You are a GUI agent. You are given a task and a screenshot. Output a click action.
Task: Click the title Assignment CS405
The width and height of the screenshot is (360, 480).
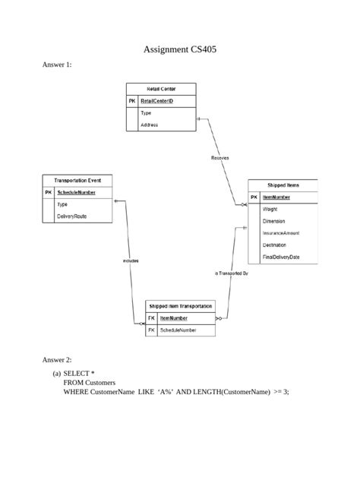point(180,49)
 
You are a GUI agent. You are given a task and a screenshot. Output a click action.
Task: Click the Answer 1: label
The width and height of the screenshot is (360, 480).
point(57,65)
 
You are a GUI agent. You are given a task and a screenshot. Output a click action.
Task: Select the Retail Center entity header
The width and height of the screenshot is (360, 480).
point(161,89)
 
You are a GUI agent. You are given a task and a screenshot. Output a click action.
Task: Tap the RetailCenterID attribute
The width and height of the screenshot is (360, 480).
point(157,100)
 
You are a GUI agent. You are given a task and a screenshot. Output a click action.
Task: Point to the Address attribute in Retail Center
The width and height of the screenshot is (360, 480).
point(150,125)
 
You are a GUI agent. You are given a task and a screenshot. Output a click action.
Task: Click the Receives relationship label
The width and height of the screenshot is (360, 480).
point(219,157)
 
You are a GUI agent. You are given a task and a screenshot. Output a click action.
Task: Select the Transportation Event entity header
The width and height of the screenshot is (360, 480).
point(77,181)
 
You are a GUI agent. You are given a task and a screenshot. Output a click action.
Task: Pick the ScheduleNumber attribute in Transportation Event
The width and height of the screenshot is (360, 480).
point(77,193)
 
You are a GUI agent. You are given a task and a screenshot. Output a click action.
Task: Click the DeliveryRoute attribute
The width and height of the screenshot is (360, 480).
point(72,216)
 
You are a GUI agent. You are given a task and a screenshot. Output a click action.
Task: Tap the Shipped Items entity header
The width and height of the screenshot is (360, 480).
point(283,185)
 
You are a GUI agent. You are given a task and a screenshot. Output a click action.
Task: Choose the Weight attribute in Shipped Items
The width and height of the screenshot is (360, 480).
point(270,209)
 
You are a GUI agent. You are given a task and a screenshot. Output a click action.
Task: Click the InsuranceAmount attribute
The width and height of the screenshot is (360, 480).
point(281,233)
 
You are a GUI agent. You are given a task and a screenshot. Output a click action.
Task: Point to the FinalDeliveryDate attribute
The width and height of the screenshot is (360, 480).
point(281,257)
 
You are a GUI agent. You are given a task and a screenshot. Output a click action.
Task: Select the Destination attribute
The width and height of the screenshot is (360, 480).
point(274,245)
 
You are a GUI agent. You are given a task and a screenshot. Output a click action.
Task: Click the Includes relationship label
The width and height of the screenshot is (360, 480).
point(130,261)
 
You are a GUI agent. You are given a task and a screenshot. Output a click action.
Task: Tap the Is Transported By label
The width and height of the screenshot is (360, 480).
point(232,273)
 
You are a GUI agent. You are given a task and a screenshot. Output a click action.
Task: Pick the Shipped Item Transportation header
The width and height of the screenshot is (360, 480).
point(181,305)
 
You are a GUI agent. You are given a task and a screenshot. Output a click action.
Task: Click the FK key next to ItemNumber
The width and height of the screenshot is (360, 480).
point(152,318)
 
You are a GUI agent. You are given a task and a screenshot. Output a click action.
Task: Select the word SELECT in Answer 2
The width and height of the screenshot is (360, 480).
point(77,374)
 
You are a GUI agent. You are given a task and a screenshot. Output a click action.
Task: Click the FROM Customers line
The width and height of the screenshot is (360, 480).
point(90,383)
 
